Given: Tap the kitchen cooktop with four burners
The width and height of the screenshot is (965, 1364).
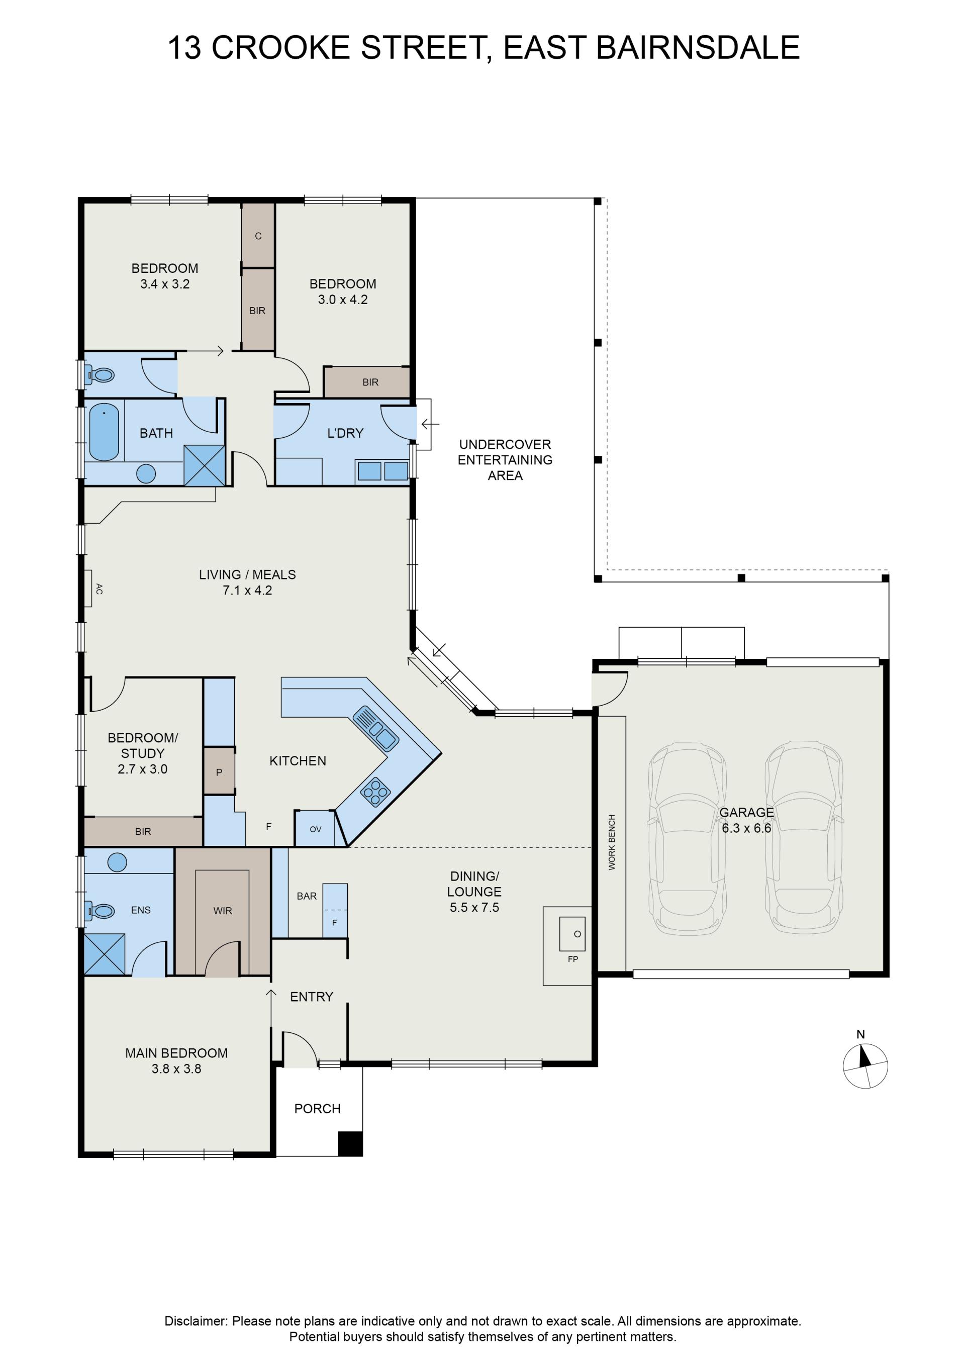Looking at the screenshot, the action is coord(375,792).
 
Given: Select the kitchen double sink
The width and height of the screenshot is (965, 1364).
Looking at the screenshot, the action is coord(375,728).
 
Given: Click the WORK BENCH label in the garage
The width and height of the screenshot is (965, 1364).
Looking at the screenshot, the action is coord(612,842).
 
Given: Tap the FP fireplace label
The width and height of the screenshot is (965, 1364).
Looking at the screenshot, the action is coord(573,959).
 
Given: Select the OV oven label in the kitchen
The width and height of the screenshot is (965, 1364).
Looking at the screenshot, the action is coord(316,829).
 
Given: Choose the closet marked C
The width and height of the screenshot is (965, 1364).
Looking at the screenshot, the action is coord(258,235).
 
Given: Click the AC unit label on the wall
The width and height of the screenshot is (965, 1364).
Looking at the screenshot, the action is coord(99,589).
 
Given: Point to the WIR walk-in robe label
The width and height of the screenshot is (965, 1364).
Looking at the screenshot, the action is coord(223,910).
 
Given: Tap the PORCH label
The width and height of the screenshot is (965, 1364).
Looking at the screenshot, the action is coord(317,1109).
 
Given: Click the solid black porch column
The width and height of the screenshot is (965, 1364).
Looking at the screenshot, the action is coord(350,1143).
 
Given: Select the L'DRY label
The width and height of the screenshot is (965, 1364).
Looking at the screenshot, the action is coord(345,433).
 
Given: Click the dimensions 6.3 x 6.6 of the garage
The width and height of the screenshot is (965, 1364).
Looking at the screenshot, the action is coord(746,828).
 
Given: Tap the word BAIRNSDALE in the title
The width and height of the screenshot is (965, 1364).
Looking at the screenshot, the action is coord(698,48).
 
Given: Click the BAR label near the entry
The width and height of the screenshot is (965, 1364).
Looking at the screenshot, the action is coord(307,896).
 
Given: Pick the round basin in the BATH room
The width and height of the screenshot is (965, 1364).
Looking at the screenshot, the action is coord(146,473).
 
